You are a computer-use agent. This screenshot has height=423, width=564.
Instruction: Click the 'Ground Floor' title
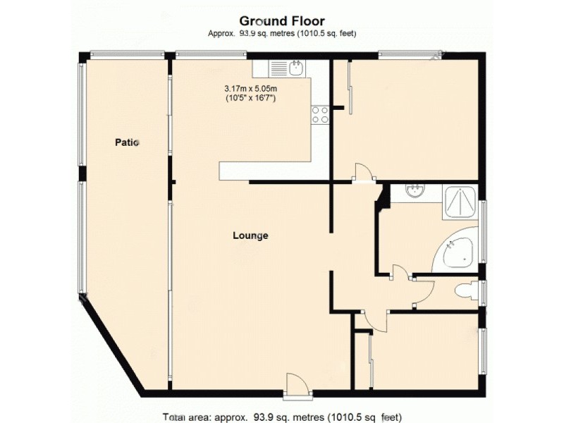282,21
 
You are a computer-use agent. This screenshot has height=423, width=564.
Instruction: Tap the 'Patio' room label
128,142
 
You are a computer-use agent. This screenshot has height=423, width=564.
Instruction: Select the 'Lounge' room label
250,236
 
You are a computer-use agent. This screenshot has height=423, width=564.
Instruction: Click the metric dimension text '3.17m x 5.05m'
251,89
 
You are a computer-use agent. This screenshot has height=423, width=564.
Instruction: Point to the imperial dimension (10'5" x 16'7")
251,99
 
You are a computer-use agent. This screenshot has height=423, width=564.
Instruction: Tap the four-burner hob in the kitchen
320,114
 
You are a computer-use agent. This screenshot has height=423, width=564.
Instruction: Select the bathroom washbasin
416,192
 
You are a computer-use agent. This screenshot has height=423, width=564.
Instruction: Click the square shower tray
461,201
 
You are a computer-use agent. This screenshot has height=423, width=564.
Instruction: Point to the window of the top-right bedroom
410,54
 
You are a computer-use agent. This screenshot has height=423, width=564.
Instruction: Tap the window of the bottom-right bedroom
483,351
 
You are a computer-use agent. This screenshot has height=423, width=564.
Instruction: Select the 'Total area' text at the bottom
282,416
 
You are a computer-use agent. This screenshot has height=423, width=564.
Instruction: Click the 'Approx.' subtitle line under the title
282,34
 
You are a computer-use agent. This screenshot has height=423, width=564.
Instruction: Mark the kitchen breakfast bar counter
265,171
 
